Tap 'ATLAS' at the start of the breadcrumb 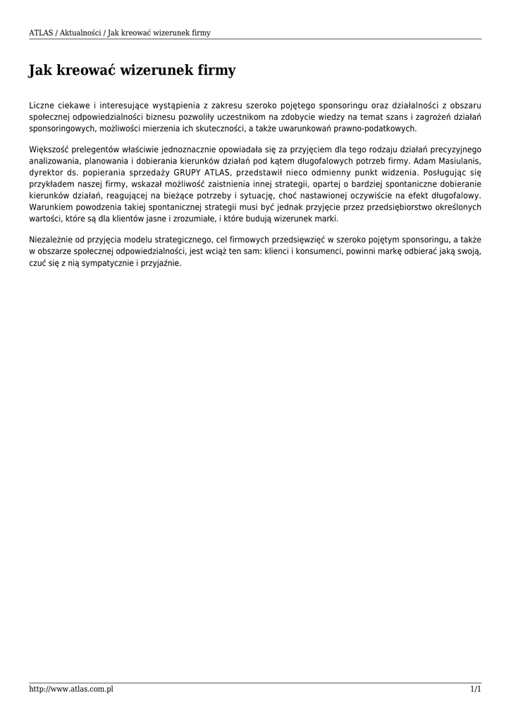coord(40,32)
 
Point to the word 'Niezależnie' coord(51,240)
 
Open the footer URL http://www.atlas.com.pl coord(71,689)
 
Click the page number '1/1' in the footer coord(476,689)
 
